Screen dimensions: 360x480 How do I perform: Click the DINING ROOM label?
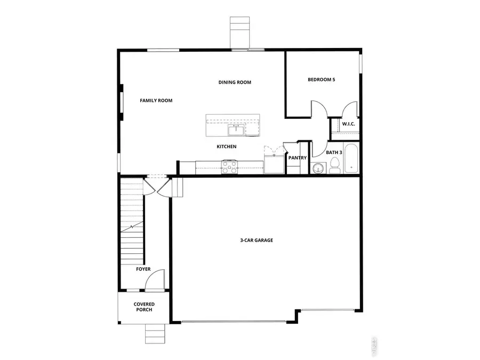235,82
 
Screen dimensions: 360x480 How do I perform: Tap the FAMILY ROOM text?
156,100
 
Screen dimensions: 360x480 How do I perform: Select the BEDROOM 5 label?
322,80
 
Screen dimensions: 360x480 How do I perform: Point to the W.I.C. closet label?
348,124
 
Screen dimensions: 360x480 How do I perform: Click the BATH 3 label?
334,153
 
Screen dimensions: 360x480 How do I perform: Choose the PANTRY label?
297,158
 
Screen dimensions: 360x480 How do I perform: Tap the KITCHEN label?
226,147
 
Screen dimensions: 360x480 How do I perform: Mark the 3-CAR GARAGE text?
256,241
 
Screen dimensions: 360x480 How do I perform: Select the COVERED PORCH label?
144,307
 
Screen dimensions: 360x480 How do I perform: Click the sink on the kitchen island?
235,130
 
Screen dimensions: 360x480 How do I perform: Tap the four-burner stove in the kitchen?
229,167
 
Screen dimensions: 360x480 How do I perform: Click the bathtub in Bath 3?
352,158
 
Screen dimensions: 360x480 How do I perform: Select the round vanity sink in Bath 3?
318,169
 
